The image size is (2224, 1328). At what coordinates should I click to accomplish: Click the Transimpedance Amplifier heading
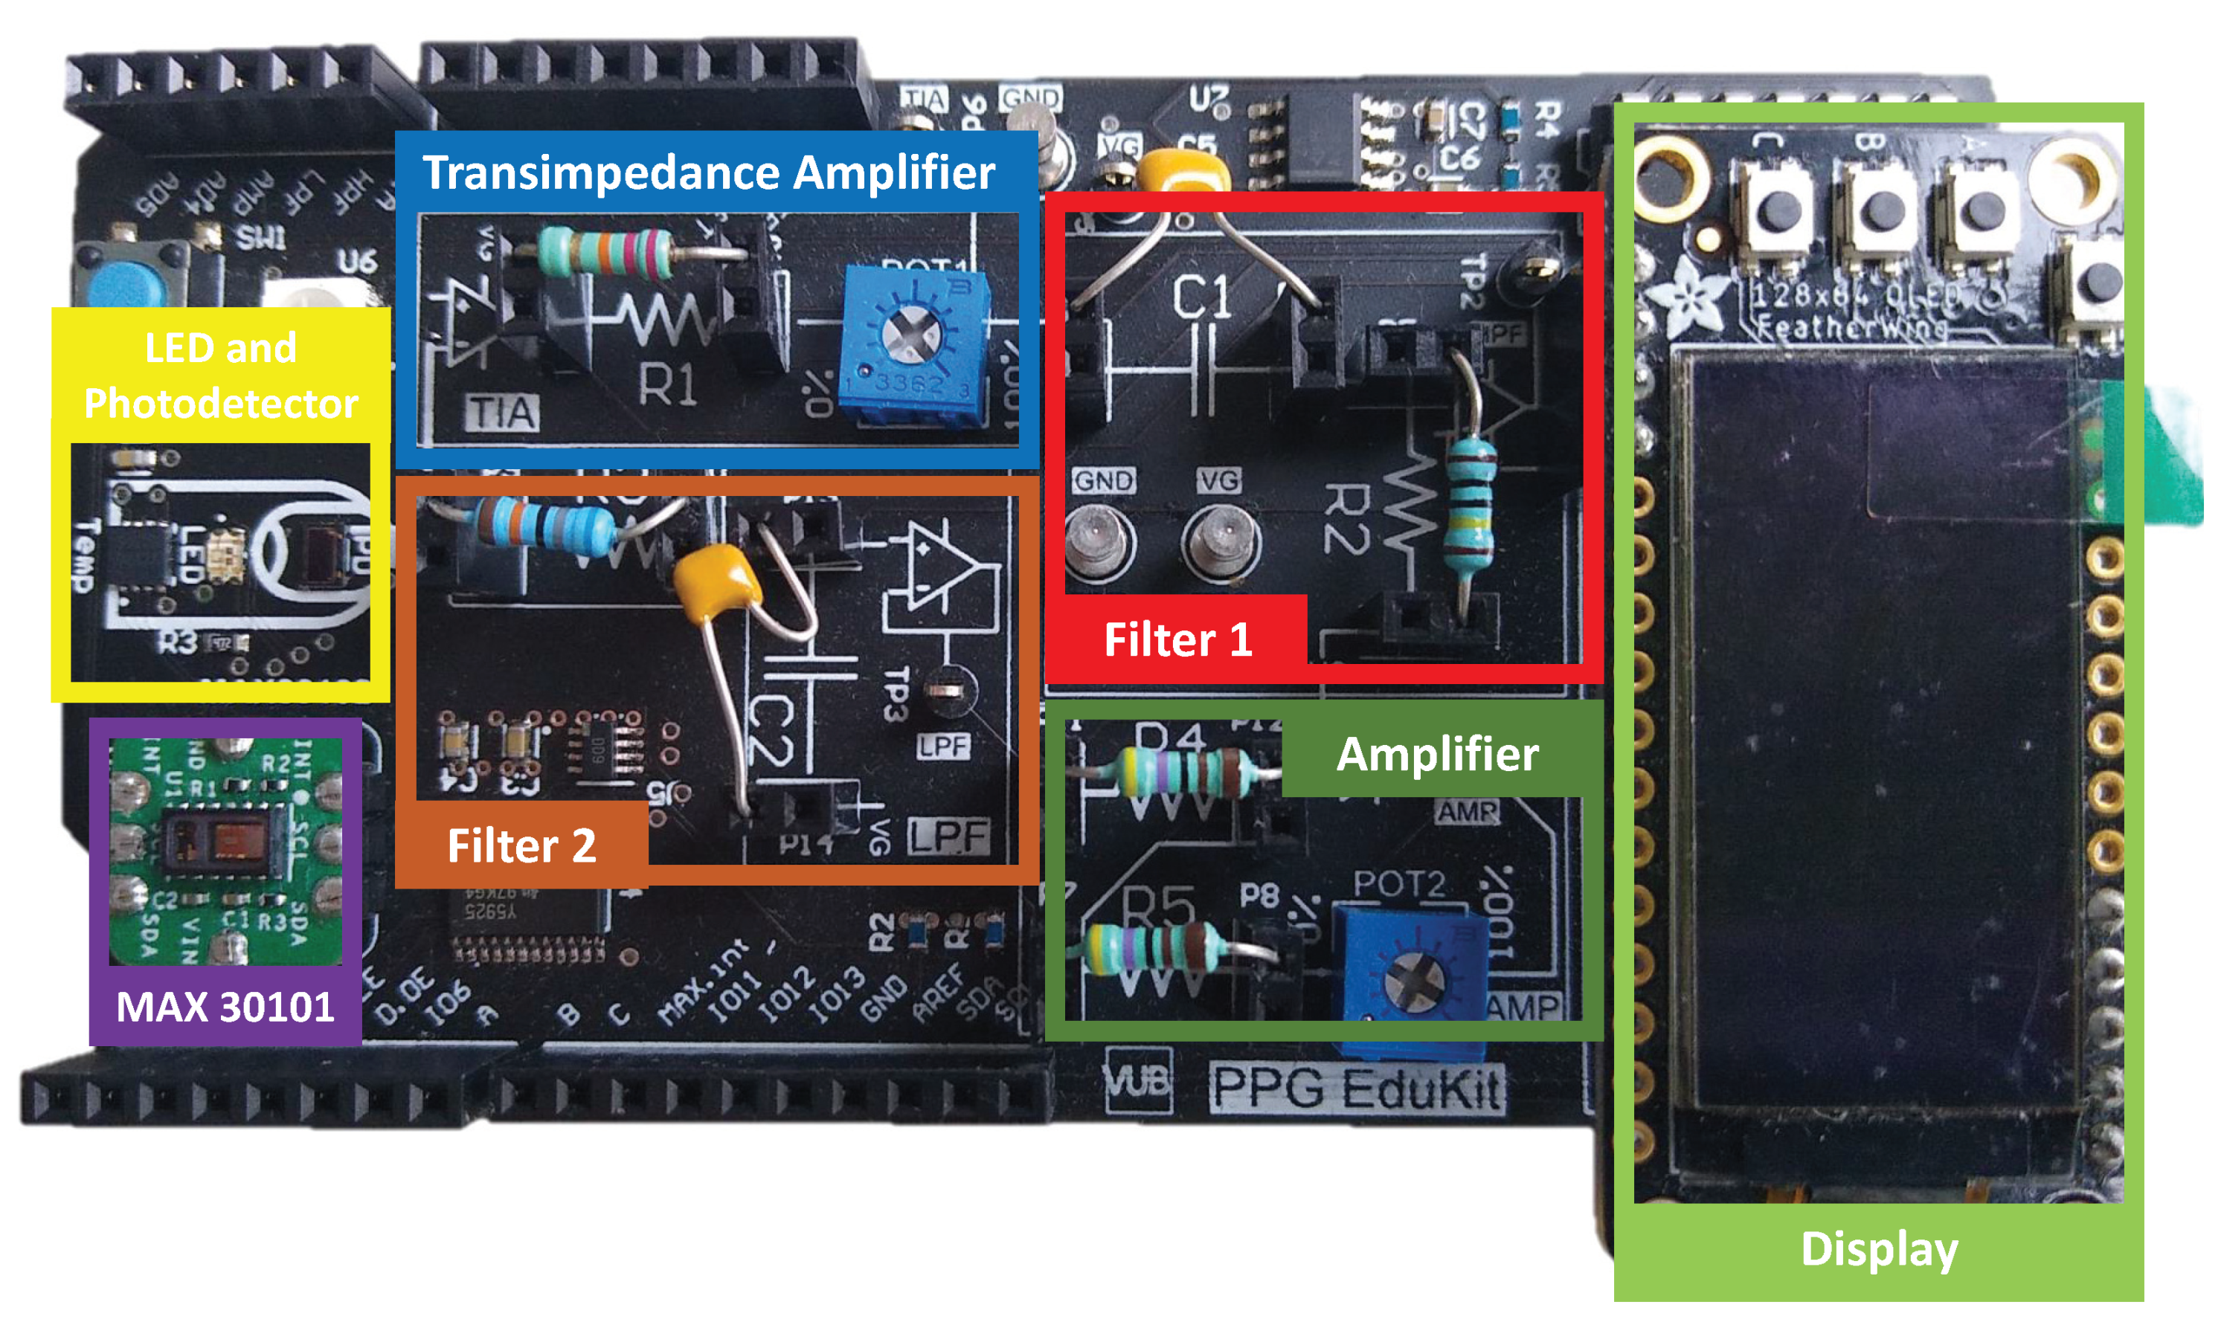[708, 172]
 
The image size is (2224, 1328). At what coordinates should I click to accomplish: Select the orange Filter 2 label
[521, 845]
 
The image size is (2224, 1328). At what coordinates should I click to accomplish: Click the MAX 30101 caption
[225, 1007]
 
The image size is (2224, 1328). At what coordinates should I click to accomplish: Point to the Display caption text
[1879, 1248]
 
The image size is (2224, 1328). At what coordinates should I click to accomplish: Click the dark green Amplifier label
[1437, 753]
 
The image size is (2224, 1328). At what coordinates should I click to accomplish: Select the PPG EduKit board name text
[1357, 1087]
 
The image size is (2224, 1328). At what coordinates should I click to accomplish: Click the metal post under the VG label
[1219, 541]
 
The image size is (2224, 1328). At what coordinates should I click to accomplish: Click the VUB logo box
[1137, 1080]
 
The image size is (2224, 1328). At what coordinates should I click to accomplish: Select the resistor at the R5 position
[1155, 948]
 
